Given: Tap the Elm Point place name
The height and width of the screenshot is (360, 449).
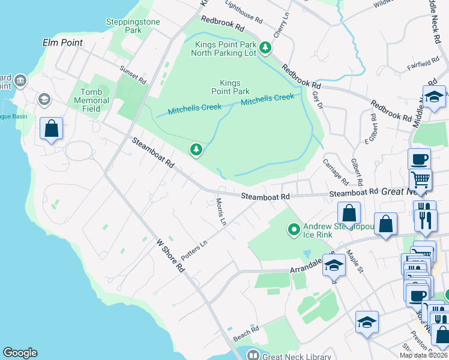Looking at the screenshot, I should [x=62, y=43].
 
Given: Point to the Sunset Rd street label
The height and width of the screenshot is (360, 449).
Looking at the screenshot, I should [x=133, y=74].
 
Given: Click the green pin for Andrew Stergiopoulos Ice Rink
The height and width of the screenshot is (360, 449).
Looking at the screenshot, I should [x=294, y=229].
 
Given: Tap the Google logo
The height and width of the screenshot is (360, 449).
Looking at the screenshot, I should [x=20, y=353].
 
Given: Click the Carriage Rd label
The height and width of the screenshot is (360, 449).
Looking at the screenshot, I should [x=336, y=172].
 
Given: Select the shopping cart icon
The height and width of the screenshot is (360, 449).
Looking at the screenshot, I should [x=420, y=179].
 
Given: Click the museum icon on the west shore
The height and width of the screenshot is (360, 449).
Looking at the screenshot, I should [x=20, y=80].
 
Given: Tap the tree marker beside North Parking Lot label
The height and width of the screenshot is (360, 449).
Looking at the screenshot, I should [x=265, y=46].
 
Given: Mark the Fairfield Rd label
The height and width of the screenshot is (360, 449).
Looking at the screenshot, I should [x=420, y=63].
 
